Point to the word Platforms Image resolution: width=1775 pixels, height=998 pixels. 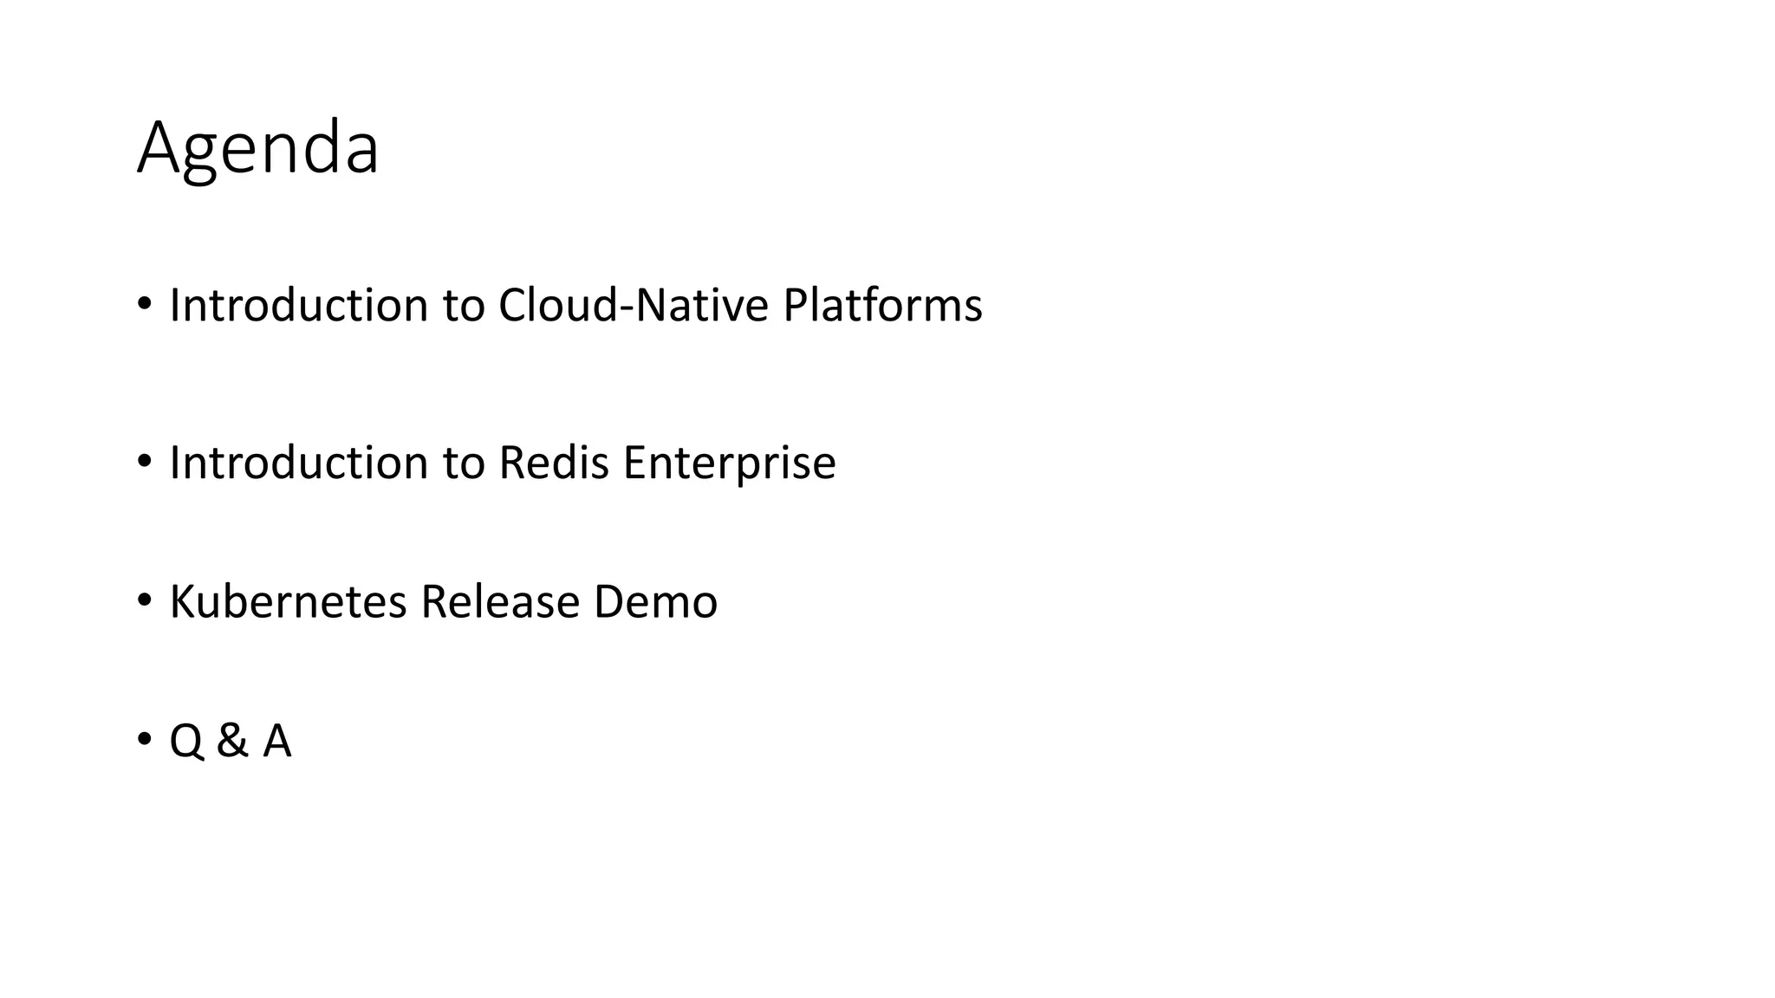pyautogui.click(x=882, y=306)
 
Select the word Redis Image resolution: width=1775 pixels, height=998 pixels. pyautogui.click(x=554, y=463)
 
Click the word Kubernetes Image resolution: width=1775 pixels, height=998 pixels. pyautogui.click(x=288, y=602)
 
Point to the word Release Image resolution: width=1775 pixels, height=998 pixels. pyautogui.click(x=500, y=602)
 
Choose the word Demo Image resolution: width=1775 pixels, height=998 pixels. pyautogui.click(x=655, y=602)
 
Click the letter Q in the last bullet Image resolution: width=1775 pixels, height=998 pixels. pyautogui.click(x=186, y=742)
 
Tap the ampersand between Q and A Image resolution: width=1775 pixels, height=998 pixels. pyautogui.click(x=232, y=742)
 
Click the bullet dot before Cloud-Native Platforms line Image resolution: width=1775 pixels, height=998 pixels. pyautogui.click(x=144, y=304)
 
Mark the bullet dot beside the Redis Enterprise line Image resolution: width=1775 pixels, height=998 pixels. pyautogui.click(x=144, y=461)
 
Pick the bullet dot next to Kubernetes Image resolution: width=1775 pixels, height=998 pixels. pyautogui.click(x=144, y=599)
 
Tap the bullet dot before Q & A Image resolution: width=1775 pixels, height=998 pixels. pyautogui.click(x=144, y=739)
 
